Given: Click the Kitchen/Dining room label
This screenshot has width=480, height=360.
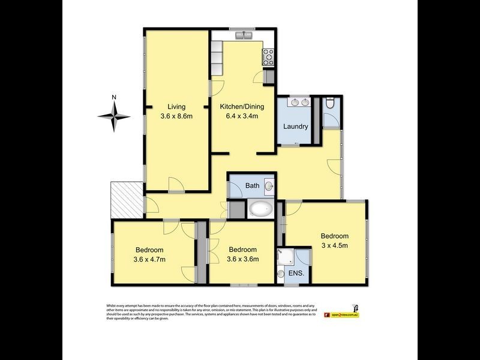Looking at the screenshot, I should click(x=242, y=107).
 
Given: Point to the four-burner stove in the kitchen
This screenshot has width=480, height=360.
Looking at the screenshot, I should click(x=267, y=57).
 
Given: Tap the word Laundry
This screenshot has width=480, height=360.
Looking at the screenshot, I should click(x=296, y=127).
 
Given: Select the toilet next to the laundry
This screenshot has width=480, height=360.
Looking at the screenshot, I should click(x=329, y=105).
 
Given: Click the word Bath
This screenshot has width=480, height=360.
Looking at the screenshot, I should click(x=253, y=186).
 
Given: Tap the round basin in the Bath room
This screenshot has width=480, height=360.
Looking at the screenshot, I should click(x=269, y=187).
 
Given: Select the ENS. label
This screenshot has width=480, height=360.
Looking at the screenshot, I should click(x=296, y=274).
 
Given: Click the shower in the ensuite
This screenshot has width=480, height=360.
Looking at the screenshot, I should click(x=284, y=256).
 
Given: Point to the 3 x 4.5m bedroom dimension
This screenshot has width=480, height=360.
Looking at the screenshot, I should click(x=334, y=245).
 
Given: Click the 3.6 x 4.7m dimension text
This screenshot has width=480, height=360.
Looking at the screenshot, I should click(x=150, y=260).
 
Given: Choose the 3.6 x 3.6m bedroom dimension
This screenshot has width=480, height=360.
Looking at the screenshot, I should click(x=242, y=260).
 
